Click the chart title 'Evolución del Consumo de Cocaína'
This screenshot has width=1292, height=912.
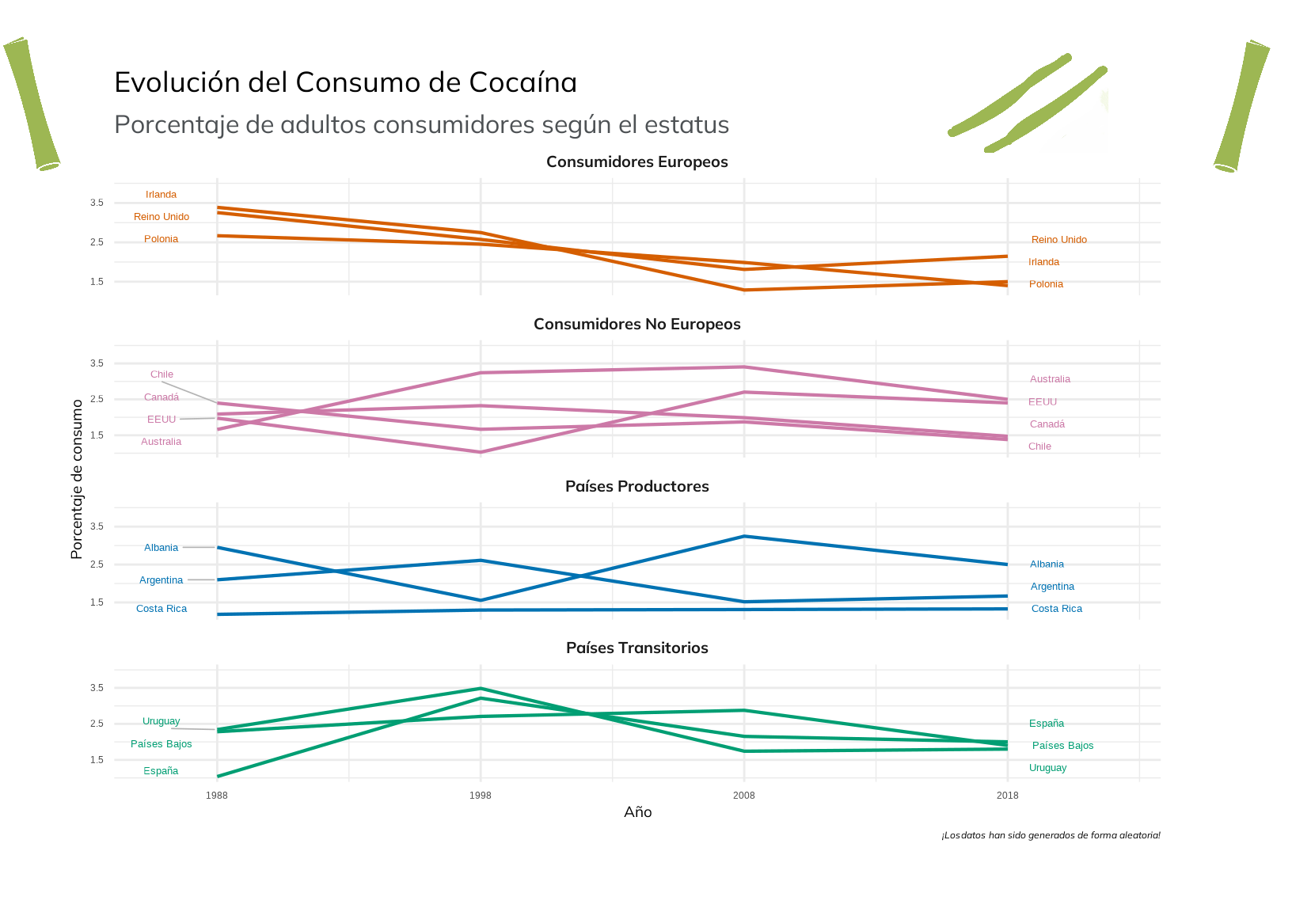[x=345, y=82]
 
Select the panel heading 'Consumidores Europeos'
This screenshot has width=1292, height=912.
[x=636, y=161]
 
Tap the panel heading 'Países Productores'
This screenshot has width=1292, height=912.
[x=636, y=486]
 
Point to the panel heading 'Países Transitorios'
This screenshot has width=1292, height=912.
[x=636, y=648]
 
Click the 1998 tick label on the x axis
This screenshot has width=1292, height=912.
[x=480, y=795]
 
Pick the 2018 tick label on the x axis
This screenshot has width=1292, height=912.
[x=1007, y=795]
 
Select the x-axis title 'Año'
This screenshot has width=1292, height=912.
[x=637, y=812]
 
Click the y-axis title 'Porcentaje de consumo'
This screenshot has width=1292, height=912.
[x=77, y=480]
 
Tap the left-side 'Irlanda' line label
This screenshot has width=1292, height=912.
[x=161, y=195]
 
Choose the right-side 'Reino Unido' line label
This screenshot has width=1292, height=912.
[x=1058, y=240]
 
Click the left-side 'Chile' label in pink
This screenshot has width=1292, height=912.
[x=161, y=374]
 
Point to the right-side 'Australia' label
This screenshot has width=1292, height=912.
[x=1050, y=379]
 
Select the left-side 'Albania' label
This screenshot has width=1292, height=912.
[x=161, y=548]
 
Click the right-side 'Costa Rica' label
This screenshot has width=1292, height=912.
[x=1056, y=609]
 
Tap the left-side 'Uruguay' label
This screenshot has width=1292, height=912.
[x=161, y=721]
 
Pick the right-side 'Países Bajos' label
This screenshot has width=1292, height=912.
[x=1062, y=746]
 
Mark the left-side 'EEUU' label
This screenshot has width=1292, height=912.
[x=161, y=420]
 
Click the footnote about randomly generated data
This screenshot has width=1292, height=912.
[x=1051, y=835]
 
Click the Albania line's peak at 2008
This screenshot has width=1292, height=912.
[x=743, y=537]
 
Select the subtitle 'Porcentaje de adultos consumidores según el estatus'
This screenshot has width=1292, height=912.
[x=421, y=125]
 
